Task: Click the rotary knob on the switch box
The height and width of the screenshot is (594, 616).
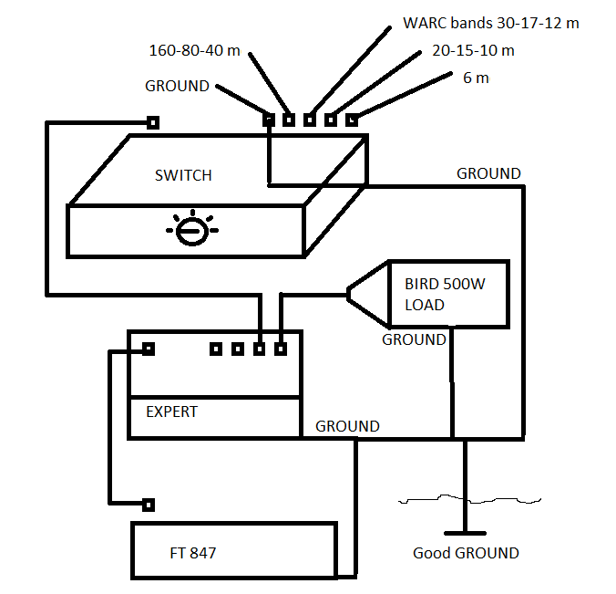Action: click(x=192, y=231)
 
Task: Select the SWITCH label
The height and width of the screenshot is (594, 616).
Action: click(x=183, y=175)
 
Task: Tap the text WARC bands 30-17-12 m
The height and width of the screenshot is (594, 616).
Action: click(x=491, y=23)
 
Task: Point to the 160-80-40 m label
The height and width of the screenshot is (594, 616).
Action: click(x=194, y=50)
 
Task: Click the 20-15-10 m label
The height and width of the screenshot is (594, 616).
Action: click(x=473, y=50)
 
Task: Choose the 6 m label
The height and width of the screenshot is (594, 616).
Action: click(x=477, y=78)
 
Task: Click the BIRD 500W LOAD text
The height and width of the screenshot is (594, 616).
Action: click(x=445, y=294)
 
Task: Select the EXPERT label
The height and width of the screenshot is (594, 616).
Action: click(x=171, y=412)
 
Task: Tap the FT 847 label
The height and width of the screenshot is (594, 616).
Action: click(x=193, y=553)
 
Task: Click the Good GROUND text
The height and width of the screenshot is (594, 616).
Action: click(x=466, y=553)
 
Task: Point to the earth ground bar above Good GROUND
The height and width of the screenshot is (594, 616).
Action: click(x=465, y=534)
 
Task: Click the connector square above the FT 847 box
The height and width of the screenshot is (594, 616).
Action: click(x=149, y=505)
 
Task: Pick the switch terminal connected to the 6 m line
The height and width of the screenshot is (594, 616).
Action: click(x=352, y=120)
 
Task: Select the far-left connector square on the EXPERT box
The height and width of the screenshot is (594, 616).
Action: click(x=149, y=349)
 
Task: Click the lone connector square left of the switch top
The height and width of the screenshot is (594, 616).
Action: click(x=153, y=123)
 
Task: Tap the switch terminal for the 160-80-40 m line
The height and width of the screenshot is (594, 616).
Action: click(x=289, y=120)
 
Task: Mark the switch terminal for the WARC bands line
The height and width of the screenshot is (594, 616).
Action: click(x=310, y=120)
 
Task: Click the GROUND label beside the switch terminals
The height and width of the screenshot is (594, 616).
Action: click(x=177, y=86)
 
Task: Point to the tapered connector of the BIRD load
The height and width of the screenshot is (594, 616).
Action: click(x=368, y=294)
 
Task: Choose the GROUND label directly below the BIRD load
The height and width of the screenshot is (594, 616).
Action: click(x=414, y=339)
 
